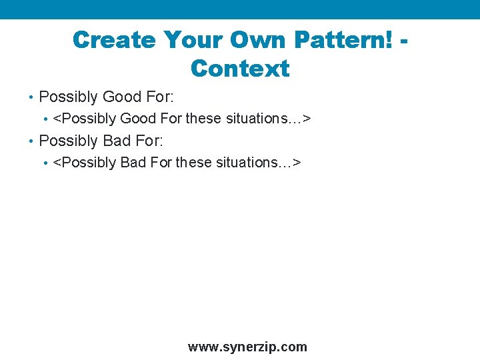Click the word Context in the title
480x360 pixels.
point(240,69)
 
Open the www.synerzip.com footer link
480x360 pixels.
point(247,347)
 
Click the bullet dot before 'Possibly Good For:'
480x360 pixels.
point(31,97)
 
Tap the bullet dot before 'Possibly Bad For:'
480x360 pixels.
point(31,141)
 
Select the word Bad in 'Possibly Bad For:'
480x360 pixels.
point(117,141)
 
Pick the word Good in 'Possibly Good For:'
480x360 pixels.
point(122,97)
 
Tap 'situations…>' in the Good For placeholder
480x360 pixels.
point(269,119)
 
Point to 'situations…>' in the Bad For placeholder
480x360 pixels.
point(259,163)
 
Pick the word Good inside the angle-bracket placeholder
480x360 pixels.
point(137,119)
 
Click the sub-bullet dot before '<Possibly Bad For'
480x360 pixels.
point(45,163)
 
